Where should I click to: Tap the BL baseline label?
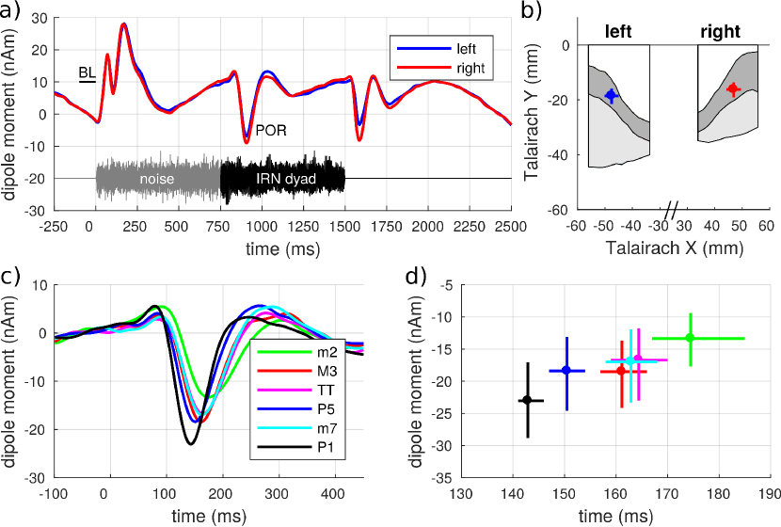(x=88, y=72)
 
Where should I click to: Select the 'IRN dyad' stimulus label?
(x=283, y=178)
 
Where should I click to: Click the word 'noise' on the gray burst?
(x=158, y=178)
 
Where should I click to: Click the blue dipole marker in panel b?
(x=612, y=95)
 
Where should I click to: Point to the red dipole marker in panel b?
(x=733, y=89)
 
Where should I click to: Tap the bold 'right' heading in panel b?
(x=720, y=32)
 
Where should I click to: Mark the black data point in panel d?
(x=527, y=400)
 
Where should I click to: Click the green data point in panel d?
(x=690, y=338)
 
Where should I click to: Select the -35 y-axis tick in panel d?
(x=442, y=478)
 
